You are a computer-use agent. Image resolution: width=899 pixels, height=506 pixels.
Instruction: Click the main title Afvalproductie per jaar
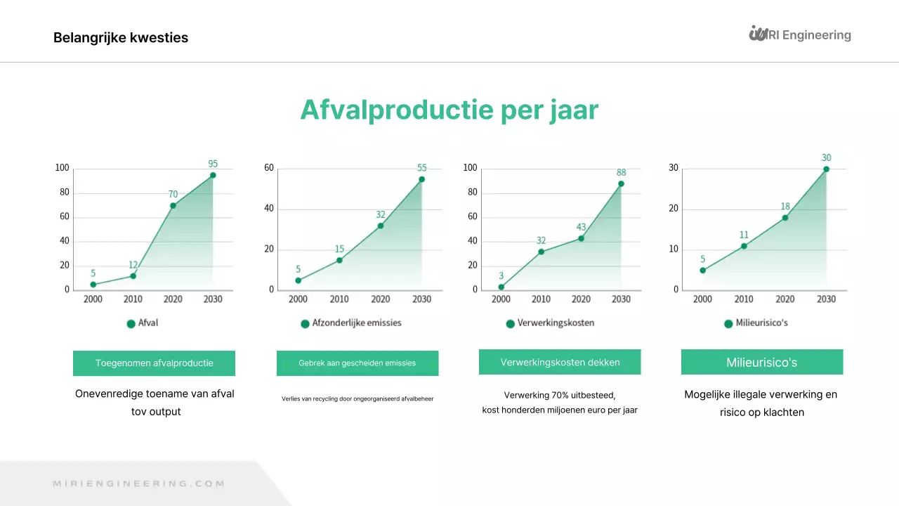pos(449,110)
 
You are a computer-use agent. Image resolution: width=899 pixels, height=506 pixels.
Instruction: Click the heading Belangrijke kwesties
pos(121,38)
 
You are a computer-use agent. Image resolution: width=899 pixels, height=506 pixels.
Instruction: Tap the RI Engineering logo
pos(800,34)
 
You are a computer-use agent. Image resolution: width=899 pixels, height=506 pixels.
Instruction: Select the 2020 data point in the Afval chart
pos(173,205)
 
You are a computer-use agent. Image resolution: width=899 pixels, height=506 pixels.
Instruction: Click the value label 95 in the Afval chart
pos(213,164)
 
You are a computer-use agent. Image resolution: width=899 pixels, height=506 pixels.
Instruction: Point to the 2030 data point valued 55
pos(421,179)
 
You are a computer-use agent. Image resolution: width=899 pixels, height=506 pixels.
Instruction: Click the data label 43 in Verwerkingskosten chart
pos(581,227)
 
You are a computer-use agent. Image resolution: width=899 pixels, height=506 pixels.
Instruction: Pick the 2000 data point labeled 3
pos(501,287)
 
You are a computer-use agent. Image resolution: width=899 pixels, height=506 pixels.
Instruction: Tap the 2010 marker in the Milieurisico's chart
pos(744,246)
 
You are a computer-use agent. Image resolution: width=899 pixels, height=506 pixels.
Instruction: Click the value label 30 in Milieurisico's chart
pos(826,157)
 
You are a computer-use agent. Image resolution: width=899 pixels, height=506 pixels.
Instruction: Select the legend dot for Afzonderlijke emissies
pos(305,324)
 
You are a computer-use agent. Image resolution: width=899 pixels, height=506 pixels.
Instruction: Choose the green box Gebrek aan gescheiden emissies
pos(357,363)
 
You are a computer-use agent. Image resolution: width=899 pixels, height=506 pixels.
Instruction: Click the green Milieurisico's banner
pos(761,363)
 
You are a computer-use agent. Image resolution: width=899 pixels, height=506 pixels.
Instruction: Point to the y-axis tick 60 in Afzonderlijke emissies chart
pos(269,168)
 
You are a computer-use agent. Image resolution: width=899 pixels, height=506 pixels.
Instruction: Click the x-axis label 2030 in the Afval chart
pos(213,299)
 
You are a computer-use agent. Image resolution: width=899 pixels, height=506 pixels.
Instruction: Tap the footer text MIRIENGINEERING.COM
pos(139,484)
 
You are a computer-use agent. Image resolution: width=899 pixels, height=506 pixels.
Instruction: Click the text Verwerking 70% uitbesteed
pos(560,395)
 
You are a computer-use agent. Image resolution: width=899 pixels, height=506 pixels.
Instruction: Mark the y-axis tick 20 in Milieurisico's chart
pos(673,209)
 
